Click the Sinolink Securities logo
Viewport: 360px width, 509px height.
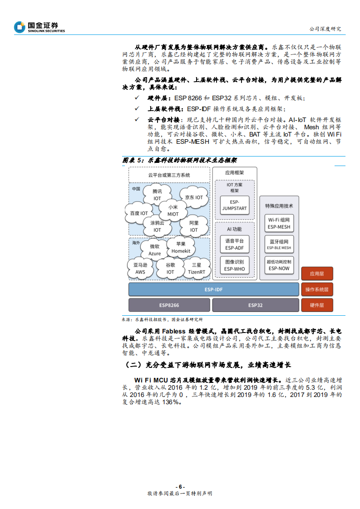pyautogui.click(x=39, y=27)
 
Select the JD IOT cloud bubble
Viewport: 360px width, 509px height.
pyautogui.click(x=194, y=197)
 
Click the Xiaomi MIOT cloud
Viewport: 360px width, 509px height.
pyautogui.click(x=173, y=210)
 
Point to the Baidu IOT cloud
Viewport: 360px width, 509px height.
pyautogui.click(x=139, y=213)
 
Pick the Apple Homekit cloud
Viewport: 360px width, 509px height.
pyautogui.click(x=181, y=247)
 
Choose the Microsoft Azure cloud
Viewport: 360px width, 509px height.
pyautogui.click(x=154, y=250)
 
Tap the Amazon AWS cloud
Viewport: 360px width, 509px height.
pyautogui.click(x=140, y=268)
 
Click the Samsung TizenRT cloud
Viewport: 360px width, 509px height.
pyautogui.click(x=196, y=268)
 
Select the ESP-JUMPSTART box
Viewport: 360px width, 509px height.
pyautogui.click(x=234, y=205)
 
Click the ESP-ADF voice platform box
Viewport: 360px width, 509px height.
pyautogui.click(x=234, y=245)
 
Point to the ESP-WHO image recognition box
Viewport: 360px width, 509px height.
pyautogui.click(x=234, y=265)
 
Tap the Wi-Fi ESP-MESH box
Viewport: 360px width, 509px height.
pyautogui.click(x=279, y=223)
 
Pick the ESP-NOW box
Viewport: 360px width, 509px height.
pyautogui.click(x=279, y=265)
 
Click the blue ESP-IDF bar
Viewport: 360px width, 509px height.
pyautogui.click(x=214, y=289)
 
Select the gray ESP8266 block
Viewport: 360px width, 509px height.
pyautogui.click(x=169, y=305)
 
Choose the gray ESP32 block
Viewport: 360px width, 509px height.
pyautogui.click(x=255, y=305)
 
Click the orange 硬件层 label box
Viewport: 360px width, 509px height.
pyautogui.click(x=317, y=305)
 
